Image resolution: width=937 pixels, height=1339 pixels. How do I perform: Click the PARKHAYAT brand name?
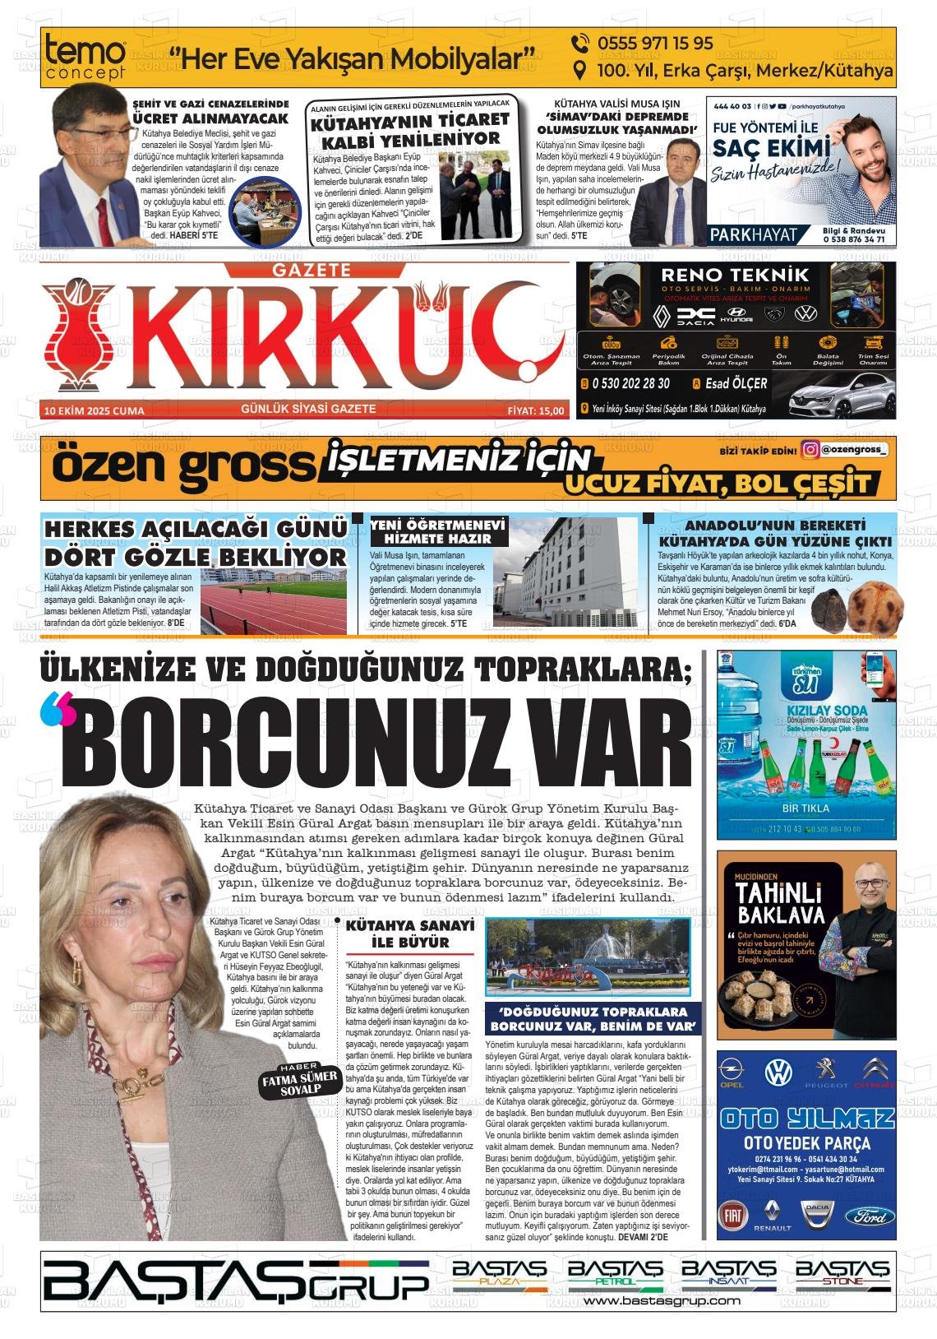point(755,234)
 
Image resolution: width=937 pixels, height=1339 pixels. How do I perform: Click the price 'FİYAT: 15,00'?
point(536,410)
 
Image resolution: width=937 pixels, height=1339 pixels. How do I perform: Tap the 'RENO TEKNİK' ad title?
point(735,275)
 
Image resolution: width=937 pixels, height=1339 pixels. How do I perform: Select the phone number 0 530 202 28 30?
point(630,383)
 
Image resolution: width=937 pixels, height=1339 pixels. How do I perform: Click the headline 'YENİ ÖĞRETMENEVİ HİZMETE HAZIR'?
point(438,531)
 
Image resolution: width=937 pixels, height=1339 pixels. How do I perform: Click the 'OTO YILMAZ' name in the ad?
point(806,1119)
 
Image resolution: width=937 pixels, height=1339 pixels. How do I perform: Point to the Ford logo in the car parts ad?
point(869,1216)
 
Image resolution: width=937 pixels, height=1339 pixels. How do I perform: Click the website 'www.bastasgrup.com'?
point(662,1301)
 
